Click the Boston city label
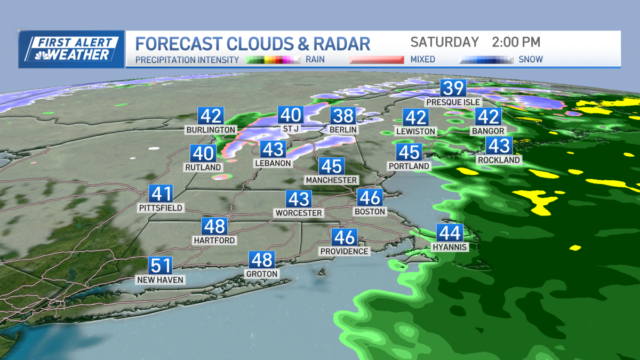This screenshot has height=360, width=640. (370, 212)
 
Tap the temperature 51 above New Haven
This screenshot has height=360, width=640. (161, 266)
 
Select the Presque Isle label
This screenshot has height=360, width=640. (453, 102)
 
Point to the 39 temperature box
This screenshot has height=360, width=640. (453, 88)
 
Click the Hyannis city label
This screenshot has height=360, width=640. (450, 247)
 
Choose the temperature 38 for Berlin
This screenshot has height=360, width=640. (343, 116)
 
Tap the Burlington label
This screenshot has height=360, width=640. (211, 130)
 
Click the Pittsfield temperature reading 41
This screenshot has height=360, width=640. (161, 194)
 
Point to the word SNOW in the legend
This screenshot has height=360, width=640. (531, 60)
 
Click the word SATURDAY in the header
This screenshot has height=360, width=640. (444, 42)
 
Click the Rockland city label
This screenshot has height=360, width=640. (499, 159)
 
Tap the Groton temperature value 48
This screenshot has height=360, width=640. (262, 260)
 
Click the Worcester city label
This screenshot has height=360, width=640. (299, 213)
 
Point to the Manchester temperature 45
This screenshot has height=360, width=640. (331, 166)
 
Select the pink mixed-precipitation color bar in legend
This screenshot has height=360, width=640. (377, 60)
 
